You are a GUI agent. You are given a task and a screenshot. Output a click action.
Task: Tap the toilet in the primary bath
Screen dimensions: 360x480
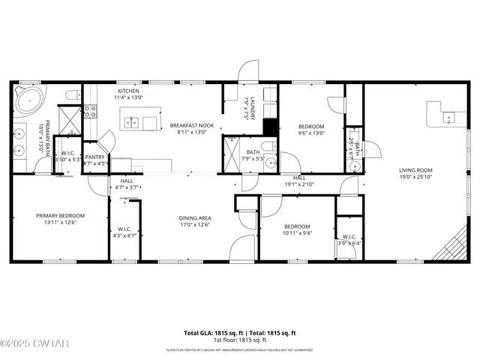(72, 94)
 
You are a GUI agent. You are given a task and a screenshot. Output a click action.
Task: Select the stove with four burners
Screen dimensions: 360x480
(90, 112)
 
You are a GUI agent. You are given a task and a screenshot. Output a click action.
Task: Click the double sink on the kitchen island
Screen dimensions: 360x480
(132, 121)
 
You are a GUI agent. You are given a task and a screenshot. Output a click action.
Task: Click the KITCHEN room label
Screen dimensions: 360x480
(127, 91)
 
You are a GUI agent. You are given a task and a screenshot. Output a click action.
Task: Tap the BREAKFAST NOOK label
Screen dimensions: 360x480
(191, 125)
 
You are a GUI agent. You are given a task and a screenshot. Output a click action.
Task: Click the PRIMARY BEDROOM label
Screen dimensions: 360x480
(61, 215)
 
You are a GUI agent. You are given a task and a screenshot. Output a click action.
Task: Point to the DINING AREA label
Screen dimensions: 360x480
(194, 217)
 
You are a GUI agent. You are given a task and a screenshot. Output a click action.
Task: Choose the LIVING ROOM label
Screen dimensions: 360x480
(415, 170)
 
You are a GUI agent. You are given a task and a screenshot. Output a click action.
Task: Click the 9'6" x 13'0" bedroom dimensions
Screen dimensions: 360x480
(311, 133)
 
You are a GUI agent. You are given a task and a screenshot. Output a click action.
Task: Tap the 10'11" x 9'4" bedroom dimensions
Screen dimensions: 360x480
(296, 232)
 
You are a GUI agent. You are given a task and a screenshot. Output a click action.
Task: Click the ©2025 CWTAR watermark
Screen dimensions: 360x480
(25, 344)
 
